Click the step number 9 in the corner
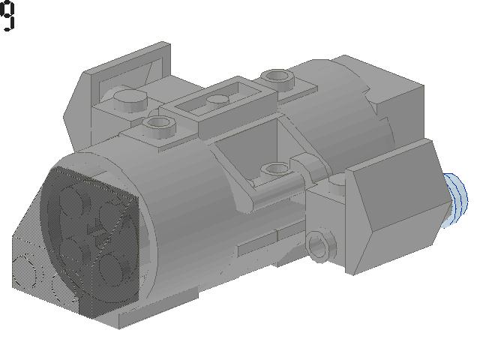click(x=7, y=15)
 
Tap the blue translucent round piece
click(x=457, y=200)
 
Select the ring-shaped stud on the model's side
click(x=320, y=246)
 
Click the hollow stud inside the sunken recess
click(x=274, y=169)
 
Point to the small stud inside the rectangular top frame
click(x=217, y=100)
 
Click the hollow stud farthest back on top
click(x=277, y=77)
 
